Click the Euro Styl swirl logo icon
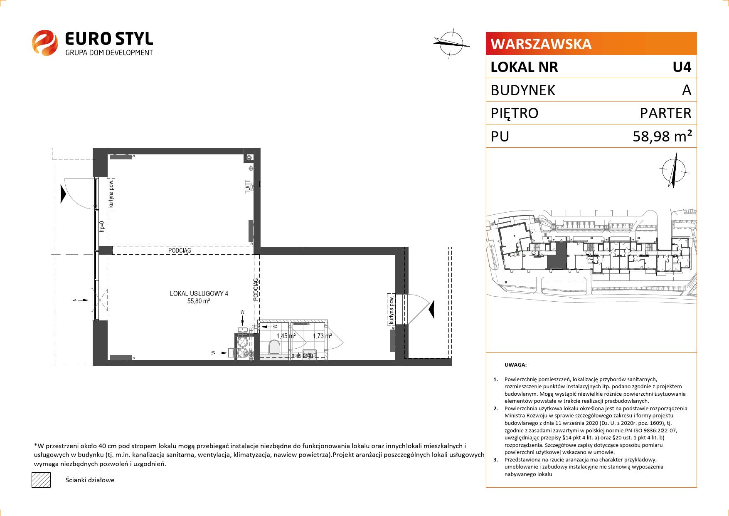44,42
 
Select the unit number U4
682,67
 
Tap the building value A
687,90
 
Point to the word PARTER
666,113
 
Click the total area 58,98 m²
663,136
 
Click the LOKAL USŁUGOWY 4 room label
199,293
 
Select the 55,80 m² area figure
199,301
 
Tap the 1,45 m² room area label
286,336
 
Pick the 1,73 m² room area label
322,336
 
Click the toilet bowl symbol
274,347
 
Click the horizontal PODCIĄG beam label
180,251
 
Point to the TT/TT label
248,187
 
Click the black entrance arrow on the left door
63,194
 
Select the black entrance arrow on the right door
431,309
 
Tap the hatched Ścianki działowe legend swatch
41,480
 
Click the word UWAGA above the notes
515,365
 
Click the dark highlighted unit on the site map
557,256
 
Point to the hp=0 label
101,226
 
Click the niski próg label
302,355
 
